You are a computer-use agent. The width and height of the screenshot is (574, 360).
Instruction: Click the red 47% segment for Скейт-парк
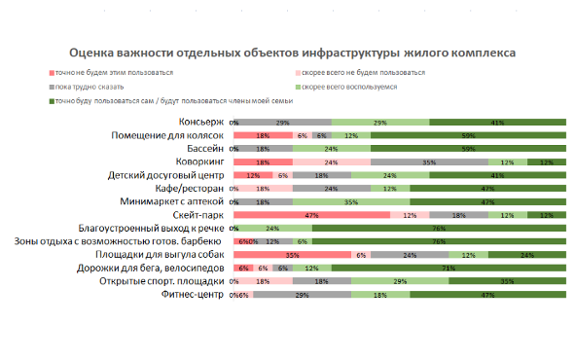[x=311, y=214]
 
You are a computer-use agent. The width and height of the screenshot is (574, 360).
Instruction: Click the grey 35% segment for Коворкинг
[x=428, y=162]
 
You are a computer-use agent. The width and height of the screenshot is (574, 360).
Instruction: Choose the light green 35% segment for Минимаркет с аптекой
[x=350, y=200]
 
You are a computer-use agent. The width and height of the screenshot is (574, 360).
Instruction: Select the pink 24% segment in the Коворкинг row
[x=331, y=162]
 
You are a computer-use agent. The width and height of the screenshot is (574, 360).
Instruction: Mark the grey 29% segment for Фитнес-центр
[x=302, y=294]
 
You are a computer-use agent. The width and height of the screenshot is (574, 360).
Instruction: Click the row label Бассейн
[x=202, y=148]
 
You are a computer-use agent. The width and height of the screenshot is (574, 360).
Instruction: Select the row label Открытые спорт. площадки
[x=162, y=280]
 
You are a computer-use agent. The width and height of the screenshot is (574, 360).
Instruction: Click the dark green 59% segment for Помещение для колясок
[x=468, y=135]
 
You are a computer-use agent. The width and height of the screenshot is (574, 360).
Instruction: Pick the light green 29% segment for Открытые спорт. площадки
[x=399, y=280]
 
